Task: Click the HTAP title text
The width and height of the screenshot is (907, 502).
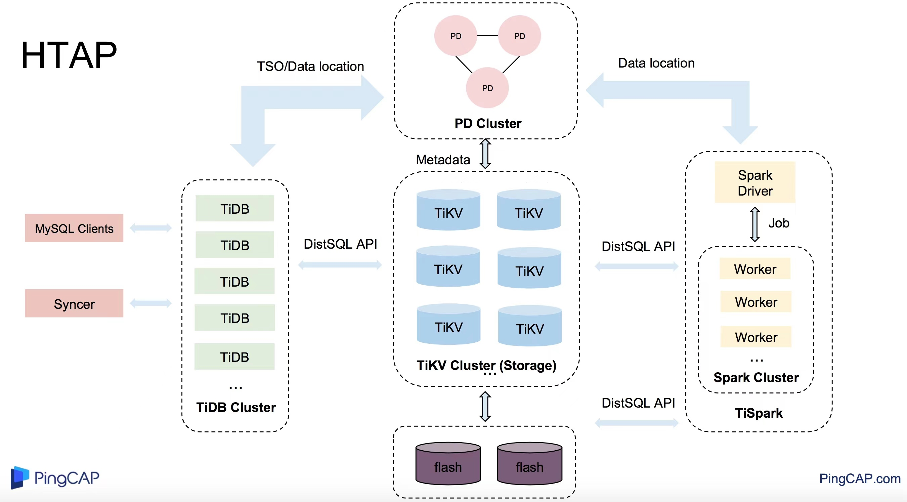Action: [69, 55]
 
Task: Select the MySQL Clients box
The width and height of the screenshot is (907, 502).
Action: [74, 228]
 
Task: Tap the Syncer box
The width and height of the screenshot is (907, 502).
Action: [74, 304]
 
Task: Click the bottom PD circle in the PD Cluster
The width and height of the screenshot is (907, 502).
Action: [487, 88]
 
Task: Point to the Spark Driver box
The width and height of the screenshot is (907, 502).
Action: [755, 182]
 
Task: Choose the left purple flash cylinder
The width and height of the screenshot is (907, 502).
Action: [448, 464]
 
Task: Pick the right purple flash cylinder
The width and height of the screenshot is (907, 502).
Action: [529, 464]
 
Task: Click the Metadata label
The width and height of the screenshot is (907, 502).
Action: [443, 160]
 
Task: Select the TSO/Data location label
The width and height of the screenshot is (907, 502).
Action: [310, 67]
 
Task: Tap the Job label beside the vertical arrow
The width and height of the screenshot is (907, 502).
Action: [778, 223]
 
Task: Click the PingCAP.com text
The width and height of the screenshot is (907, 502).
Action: [860, 478]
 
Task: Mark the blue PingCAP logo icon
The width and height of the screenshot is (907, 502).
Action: [19, 477]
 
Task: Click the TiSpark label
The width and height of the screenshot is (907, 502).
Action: [759, 413]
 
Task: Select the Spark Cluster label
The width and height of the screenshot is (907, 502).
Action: [756, 377]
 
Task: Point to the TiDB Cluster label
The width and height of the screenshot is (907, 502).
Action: [236, 407]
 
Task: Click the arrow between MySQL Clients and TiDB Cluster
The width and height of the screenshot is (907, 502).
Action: [151, 228]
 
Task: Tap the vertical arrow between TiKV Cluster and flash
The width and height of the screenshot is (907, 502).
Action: [485, 406]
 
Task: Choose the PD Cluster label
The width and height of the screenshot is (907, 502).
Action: [488, 124]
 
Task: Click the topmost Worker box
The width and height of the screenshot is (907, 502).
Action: [755, 269]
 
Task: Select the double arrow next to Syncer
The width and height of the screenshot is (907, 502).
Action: [151, 303]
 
